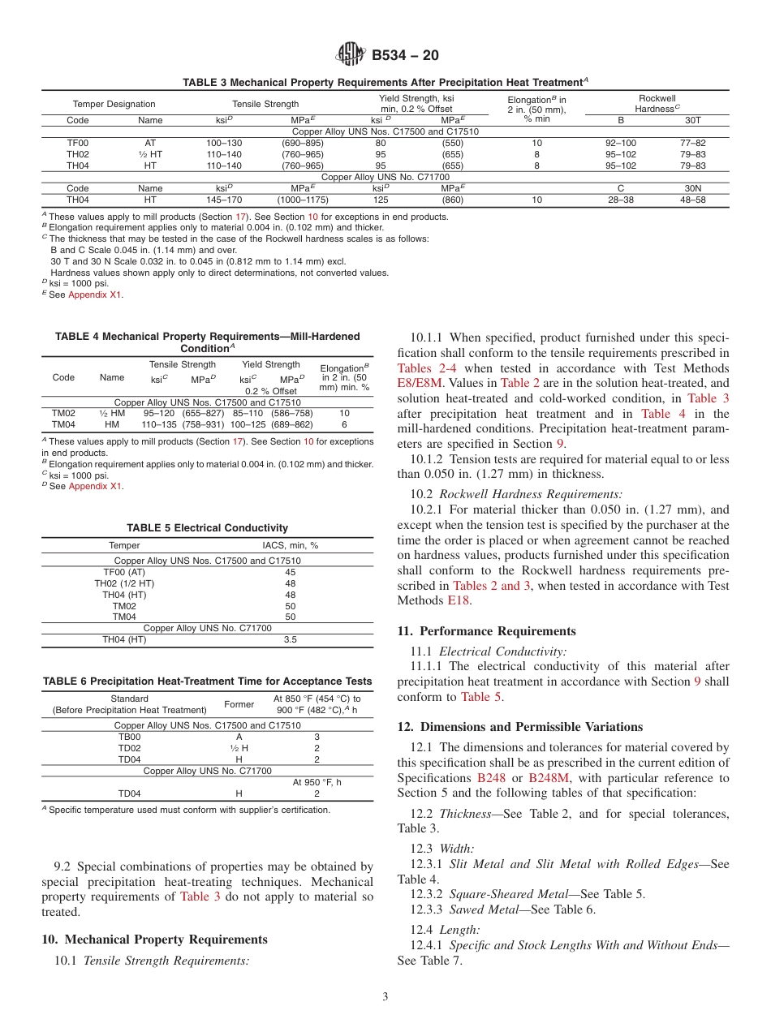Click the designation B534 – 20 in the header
(x=405, y=55)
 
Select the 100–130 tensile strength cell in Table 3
(x=224, y=143)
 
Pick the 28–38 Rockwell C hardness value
(x=621, y=200)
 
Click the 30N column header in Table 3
(x=692, y=188)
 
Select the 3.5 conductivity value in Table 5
(x=290, y=639)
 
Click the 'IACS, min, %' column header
(x=290, y=545)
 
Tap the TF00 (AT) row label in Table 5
(x=124, y=572)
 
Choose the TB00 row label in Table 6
(x=129, y=737)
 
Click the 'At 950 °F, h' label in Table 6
(x=317, y=782)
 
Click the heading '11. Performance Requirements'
(x=486, y=631)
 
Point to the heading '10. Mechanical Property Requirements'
(x=154, y=940)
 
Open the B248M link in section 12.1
(x=549, y=778)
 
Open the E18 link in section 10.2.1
(x=459, y=600)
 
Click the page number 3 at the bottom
(x=385, y=997)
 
